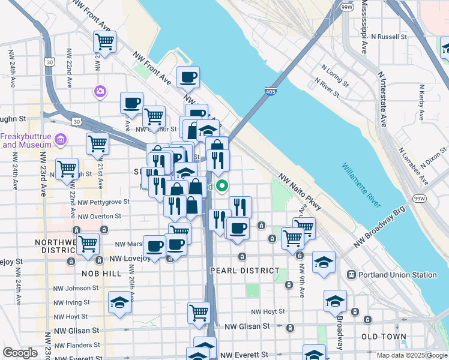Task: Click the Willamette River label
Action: tap(361, 185)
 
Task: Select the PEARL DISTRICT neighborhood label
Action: tap(244, 271)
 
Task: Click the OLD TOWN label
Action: tap(383, 337)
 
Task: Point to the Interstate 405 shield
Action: tap(270, 91)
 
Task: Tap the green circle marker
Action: tap(222, 186)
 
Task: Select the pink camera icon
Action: tap(100, 91)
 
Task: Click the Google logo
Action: tap(20, 353)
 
